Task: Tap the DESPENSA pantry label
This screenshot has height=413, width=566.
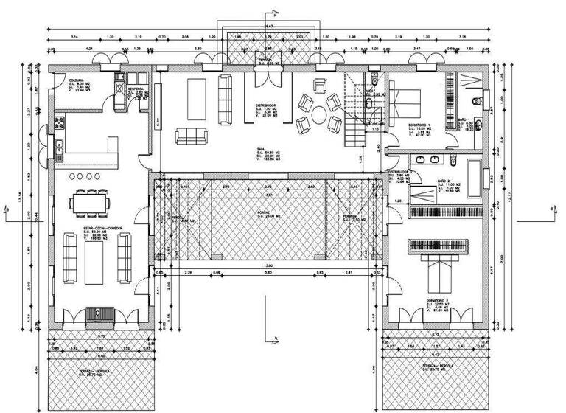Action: coord(136,89)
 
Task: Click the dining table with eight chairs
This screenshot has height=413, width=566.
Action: coord(93,202)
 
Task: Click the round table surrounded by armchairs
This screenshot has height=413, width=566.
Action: coord(318,114)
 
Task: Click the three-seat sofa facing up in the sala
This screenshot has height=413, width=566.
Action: coord(191,136)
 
